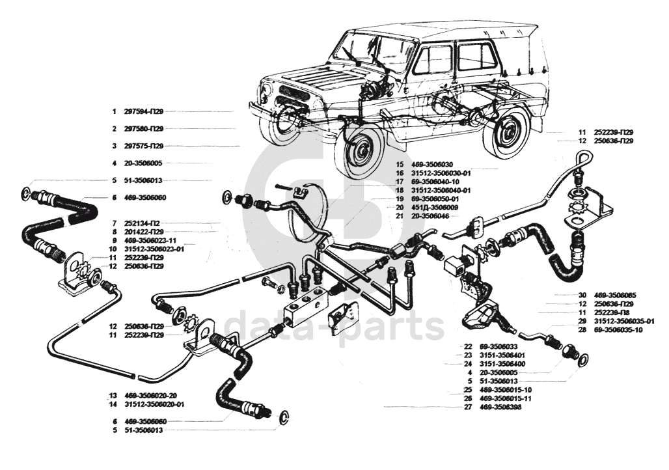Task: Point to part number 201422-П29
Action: click(x=144, y=232)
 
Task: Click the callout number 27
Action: click(x=467, y=407)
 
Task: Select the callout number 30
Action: click(x=582, y=296)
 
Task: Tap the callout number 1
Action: click(x=113, y=111)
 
